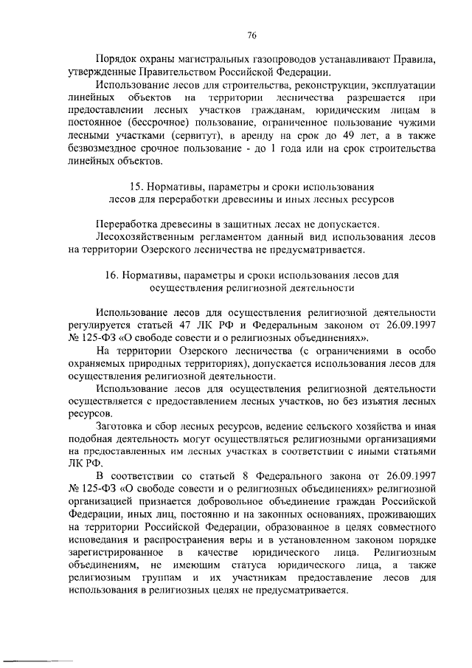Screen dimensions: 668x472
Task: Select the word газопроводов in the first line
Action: click(265, 58)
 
